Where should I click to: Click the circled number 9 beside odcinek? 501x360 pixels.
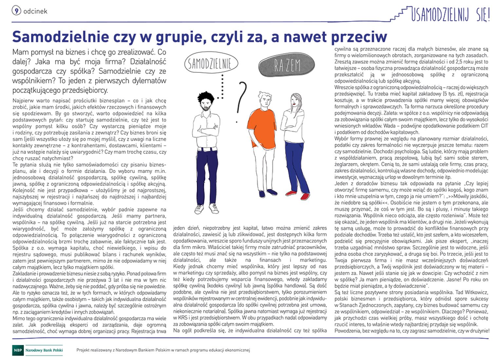[x=16, y=11]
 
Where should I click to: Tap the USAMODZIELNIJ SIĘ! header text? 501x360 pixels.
[x=450, y=14]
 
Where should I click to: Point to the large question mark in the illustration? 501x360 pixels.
[x=242, y=98]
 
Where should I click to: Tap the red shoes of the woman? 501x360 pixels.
[x=300, y=195]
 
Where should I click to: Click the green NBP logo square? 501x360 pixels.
[x=18, y=350]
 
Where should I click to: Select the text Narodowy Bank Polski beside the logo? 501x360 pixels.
[x=44, y=350]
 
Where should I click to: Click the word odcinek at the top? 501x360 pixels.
[x=35, y=11]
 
